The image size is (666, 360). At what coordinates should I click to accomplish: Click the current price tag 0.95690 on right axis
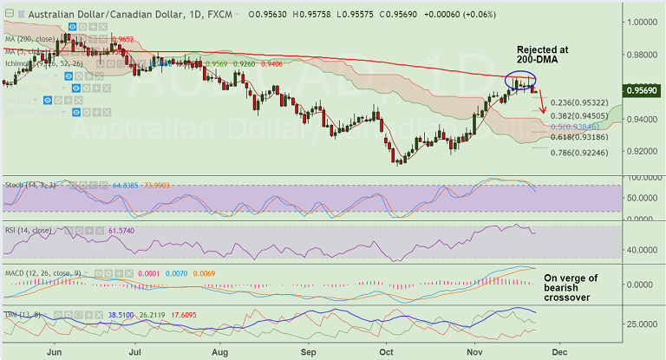(640, 88)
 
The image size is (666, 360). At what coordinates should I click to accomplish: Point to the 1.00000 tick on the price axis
(639, 22)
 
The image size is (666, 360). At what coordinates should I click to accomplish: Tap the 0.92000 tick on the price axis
(639, 151)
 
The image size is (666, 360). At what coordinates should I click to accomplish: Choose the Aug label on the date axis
(220, 351)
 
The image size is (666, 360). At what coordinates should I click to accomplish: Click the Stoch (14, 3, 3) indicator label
(30, 185)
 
